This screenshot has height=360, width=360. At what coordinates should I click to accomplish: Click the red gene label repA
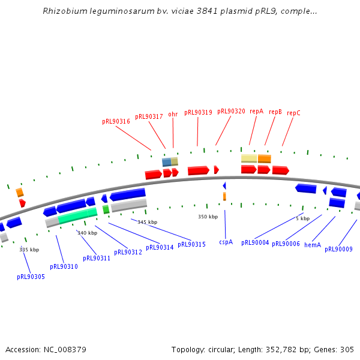[257, 112]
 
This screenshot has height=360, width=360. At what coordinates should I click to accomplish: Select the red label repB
[275, 112]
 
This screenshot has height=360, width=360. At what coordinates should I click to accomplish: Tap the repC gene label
[293, 113]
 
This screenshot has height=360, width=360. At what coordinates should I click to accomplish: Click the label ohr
[173, 114]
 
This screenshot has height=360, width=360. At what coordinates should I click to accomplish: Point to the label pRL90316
[116, 121]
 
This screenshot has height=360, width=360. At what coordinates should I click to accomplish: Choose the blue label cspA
[226, 242]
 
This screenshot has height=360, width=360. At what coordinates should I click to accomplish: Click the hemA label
[313, 245]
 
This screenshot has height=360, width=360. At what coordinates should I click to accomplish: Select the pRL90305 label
[31, 277]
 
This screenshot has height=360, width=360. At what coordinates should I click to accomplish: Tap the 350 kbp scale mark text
[208, 217]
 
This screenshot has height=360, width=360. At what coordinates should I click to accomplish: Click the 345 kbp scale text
[147, 222]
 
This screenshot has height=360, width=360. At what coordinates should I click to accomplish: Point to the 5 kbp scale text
[302, 218]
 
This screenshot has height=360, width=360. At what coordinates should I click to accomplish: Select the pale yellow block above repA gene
[249, 158]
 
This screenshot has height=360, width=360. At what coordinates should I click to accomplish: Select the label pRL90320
[231, 111]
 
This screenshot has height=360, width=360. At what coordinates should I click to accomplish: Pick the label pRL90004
[255, 243]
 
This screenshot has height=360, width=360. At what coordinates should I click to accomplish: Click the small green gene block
[106, 209]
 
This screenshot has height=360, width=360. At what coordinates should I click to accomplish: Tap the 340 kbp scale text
[87, 233]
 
